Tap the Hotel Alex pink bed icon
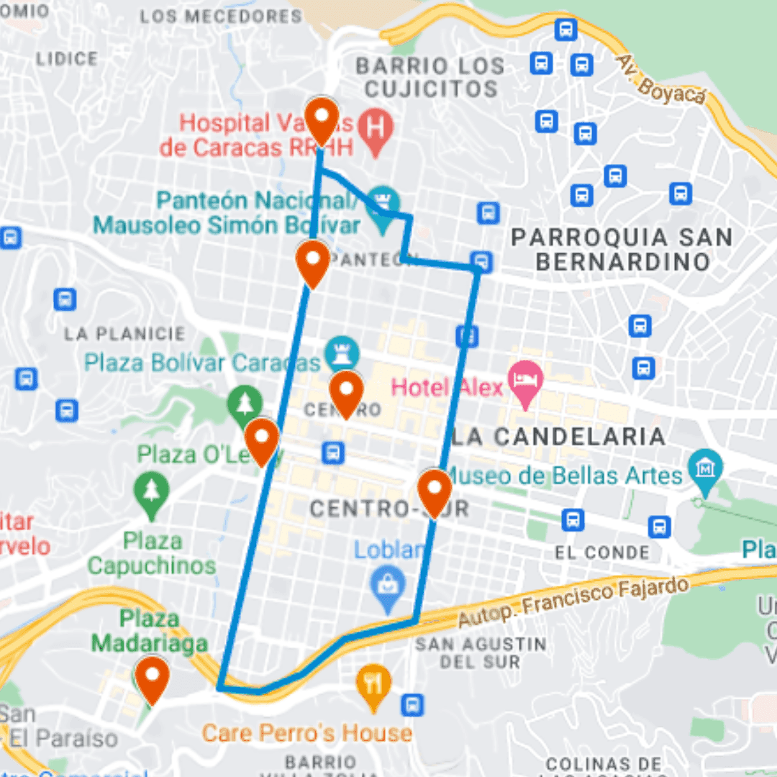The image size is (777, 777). [x=525, y=379]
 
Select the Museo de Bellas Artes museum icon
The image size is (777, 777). [x=705, y=468]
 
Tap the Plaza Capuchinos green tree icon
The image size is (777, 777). [x=151, y=492]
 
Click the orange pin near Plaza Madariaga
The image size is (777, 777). [x=153, y=678]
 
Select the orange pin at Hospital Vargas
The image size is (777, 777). [x=321, y=119]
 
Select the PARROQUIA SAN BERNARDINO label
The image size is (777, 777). [x=623, y=249]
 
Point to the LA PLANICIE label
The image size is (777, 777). [x=124, y=334]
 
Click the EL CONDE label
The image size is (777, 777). [x=602, y=553]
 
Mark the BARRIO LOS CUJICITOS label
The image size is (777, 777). [x=430, y=77]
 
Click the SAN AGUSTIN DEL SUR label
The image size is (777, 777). [x=481, y=652]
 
